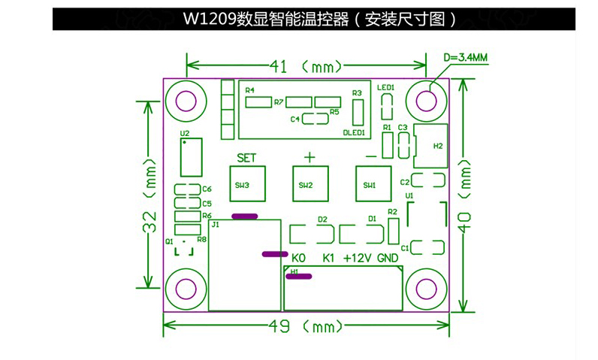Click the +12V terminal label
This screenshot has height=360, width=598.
point(358,258)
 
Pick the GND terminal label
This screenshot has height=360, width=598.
point(388,258)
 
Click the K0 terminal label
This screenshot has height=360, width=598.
point(298,258)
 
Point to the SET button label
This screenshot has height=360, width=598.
point(246,158)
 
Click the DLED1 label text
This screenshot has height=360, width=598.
point(354,133)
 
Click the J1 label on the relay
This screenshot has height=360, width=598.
point(216,224)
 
